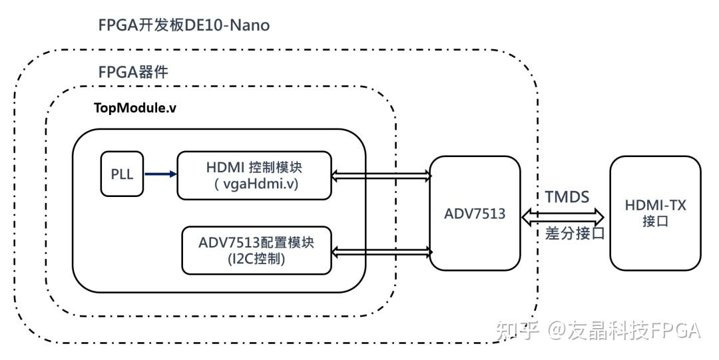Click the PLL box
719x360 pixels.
[x=121, y=174]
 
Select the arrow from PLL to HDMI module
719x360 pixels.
[x=160, y=174]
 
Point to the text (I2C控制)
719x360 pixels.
[x=256, y=260]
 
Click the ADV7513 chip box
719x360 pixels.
[x=475, y=213]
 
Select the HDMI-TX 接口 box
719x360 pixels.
[x=656, y=213]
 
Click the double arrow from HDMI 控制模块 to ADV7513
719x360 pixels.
[x=381, y=175]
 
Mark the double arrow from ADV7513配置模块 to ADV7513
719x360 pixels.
[x=381, y=251]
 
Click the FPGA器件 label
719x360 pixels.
[x=132, y=72]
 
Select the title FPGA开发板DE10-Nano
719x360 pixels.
[x=183, y=26]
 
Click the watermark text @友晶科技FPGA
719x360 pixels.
[x=624, y=330]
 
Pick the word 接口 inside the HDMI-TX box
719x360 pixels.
[x=656, y=222]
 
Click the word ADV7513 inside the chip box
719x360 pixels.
[x=475, y=214]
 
